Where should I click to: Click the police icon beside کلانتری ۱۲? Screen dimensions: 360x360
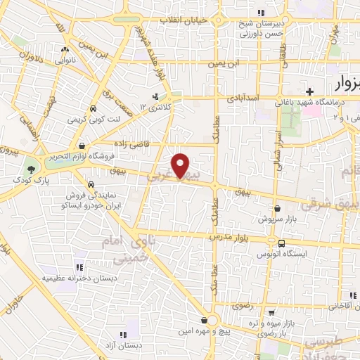(x=156, y=96)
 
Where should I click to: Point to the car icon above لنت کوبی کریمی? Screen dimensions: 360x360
(x=94, y=109)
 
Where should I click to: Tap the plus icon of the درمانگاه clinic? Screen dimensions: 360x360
(x=309, y=91)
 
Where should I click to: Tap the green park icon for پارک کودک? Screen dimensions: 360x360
(x=30, y=169)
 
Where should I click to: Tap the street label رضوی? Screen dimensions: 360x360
(x=262, y=306)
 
